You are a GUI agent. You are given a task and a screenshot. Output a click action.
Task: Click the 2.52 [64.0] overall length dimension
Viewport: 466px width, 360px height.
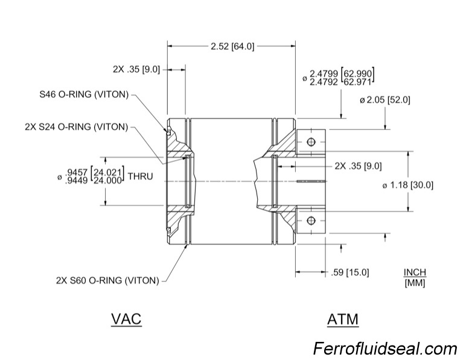point(232,47)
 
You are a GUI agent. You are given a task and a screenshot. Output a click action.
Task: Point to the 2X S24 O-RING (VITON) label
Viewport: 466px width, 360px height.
point(77,127)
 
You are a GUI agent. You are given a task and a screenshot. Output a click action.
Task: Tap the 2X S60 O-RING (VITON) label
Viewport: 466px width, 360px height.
point(107,280)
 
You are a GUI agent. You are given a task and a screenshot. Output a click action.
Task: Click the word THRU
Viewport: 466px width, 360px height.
point(139,177)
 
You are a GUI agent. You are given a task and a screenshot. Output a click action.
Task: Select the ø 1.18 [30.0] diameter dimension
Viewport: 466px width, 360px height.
point(408,185)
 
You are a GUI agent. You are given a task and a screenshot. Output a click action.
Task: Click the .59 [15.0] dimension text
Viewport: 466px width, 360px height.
point(351,272)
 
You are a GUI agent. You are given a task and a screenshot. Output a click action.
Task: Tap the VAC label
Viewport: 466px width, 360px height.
point(126,318)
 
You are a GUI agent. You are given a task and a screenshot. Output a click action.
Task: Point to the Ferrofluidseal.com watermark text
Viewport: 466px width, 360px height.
point(385,349)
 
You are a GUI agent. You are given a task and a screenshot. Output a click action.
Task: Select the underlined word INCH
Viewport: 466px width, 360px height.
point(415,273)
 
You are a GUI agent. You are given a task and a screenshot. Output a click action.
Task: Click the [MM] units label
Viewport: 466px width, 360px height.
point(415,283)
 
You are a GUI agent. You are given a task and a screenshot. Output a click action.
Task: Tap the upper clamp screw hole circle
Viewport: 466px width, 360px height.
point(311,142)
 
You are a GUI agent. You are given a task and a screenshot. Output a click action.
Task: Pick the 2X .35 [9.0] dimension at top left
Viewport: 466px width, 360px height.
point(136,69)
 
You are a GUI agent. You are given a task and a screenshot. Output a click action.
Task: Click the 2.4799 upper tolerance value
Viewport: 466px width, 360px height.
point(324,74)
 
